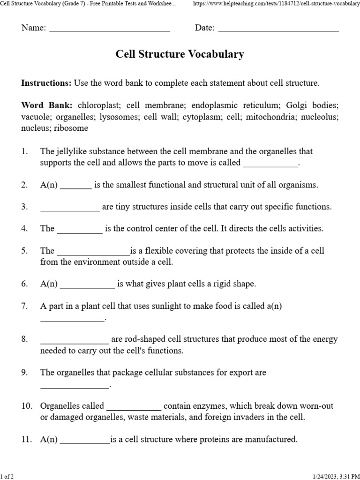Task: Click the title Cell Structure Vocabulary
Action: pyautogui.click(x=180, y=54)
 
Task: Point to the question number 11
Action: pyautogui.click(x=26, y=439)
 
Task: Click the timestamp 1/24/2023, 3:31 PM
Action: pyautogui.click(x=333, y=476)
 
